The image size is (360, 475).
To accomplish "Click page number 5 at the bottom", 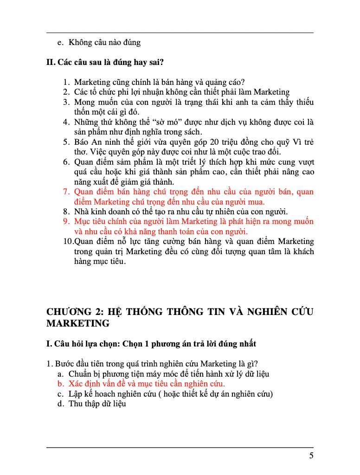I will tap(311, 456).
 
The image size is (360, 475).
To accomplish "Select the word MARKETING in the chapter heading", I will tap(77, 323).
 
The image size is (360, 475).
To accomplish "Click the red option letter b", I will tap(60, 384).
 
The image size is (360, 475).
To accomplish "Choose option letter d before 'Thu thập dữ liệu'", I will tap(60, 404).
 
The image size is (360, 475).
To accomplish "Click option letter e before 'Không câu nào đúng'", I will tap(60, 43).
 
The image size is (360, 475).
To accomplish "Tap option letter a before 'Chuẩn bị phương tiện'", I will tap(60, 373).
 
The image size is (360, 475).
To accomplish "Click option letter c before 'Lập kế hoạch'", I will tap(60, 394).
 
